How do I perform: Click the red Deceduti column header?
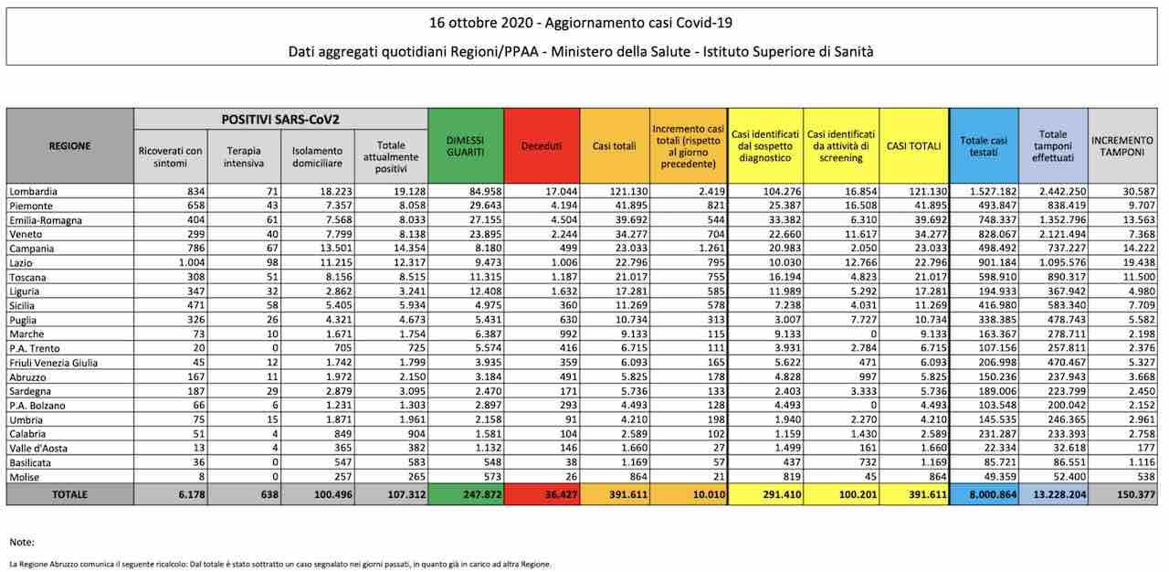pos(542,146)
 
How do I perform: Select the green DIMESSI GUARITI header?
pos(466,146)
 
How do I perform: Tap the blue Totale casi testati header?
pos(984,146)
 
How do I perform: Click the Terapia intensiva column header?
pos(244,156)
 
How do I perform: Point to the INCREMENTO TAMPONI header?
pos(1122,146)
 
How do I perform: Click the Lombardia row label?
pos(34,192)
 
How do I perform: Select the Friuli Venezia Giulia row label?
pos(53,362)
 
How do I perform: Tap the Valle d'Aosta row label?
pos(38,448)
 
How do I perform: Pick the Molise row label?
pos(24,476)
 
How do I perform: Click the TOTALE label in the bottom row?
pos(69,494)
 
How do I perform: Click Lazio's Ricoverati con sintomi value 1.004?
pos(192,262)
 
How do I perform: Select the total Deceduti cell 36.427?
pos(561,494)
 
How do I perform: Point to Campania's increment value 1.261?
pos(711,249)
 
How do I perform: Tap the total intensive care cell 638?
pos(269,494)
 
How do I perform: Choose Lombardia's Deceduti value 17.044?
pos(561,192)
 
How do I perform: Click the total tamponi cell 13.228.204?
pos(1059,494)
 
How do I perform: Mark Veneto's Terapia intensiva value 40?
pos(272,234)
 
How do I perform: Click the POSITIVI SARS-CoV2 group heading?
pos(280,120)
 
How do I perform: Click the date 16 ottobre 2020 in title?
pos(480,23)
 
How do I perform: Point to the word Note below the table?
pos(22,542)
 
